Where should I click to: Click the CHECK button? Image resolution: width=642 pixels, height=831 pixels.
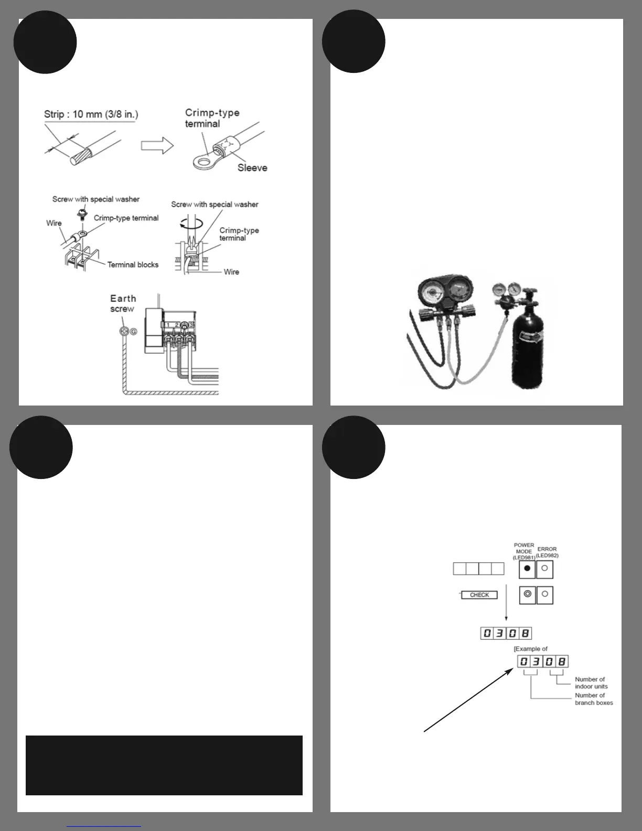(x=479, y=595)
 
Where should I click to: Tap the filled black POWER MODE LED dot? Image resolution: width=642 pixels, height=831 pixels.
(x=527, y=569)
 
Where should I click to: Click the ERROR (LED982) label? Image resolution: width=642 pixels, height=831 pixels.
(x=547, y=552)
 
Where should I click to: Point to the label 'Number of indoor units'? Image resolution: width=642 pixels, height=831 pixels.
(x=591, y=683)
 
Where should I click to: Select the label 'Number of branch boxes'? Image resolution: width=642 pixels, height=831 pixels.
(x=593, y=699)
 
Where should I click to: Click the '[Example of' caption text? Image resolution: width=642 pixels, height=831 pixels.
(x=530, y=649)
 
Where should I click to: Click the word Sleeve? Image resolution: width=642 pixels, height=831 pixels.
(x=252, y=168)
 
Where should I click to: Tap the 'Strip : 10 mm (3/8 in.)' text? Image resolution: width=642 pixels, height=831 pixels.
(x=91, y=114)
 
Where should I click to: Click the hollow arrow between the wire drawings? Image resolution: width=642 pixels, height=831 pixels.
(x=157, y=145)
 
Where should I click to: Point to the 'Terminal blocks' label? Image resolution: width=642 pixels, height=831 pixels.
(x=133, y=265)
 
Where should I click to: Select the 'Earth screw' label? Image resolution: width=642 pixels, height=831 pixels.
(x=123, y=304)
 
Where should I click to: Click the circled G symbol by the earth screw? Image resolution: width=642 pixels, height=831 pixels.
(x=133, y=332)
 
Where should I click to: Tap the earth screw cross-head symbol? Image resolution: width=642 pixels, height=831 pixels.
(x=124, y=332)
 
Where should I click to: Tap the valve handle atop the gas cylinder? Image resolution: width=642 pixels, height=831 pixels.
(x=529, y=290)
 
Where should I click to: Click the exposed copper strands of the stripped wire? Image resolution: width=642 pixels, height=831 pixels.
(x=82, y=156)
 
